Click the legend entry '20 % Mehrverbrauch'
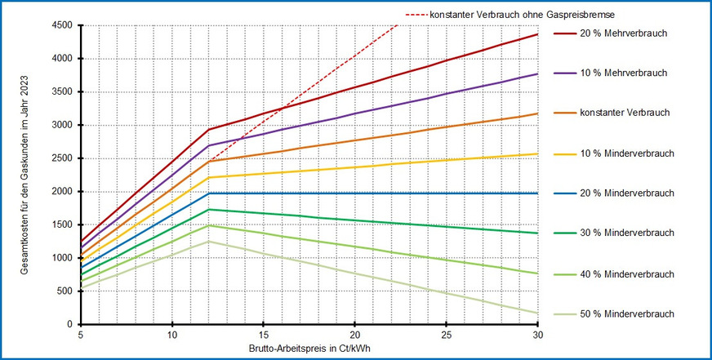click(x=625, y=33)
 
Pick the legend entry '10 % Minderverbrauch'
click(x=627, y=153)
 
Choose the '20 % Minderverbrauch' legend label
click(x=627, y=193)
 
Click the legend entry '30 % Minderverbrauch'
click(x=627, y=233)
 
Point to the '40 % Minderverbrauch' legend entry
click(x=627, y=273)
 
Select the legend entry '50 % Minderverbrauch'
click(x=627, y=314)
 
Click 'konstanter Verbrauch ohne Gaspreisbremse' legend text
click(x=512, y=15)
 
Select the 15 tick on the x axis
click(x=263, y=336)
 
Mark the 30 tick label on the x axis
click(x=537, y=336)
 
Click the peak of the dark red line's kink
click(x=208, y=130)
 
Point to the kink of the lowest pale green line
click(x=208, y=241)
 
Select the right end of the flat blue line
click(x=537, y=193)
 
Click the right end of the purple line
click(x=537, y=74)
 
